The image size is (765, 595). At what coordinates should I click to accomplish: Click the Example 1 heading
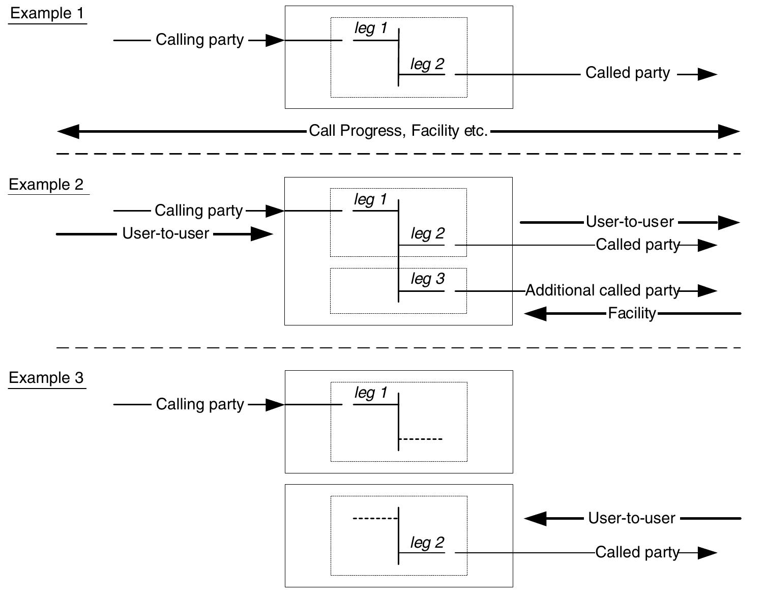pyautogui.click(x=47, y=13)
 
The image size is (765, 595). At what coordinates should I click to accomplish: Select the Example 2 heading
pyautogui.click(x=46, y=185)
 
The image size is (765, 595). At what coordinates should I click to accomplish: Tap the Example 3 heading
pyautogui.click(x=46, y=378)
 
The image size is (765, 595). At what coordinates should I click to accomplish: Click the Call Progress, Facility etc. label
pyautogui.click(x=398, y=131)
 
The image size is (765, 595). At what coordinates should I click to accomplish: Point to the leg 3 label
pyautogui.click(x=427, y=279)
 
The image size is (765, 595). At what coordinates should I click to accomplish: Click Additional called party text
pyautogui.click(x=602, y=290)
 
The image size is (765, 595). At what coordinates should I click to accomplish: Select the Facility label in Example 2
pyautogui.click(x=632, y=313)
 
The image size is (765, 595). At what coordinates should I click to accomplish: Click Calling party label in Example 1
pyautogui.click(x=199, y=40)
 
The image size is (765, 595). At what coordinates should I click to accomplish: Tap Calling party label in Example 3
pyautogui.click(x=200, y=404)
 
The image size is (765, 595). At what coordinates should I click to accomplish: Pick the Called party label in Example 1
pyautogui.click(x=627, y=73)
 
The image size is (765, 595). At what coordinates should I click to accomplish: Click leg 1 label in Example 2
pyautogui.click(x=370, y=199)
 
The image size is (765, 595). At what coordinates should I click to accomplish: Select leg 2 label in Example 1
pyautogui.click(x=427, y=64)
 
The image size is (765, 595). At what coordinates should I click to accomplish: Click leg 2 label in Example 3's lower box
pyautogui.click(x=427, y=543)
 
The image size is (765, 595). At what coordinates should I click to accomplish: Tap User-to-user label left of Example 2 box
pyautogui.click(x=166, y=233)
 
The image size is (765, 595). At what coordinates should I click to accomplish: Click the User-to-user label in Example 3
pyautogui.click(x=631, y=518)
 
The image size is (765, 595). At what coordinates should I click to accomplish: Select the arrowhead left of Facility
pyautogui.click(x=535, y=314)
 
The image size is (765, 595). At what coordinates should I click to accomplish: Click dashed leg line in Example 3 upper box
pyautogui.click(x=421, y=439)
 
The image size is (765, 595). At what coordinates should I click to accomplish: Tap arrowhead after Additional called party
pyautogui.click(x=707, y=291)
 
